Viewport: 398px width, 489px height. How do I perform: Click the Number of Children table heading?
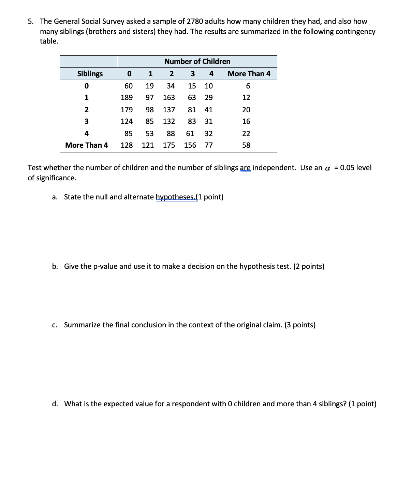click(x=197, y=62)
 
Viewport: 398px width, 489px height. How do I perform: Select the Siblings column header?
click(x=90, y=74)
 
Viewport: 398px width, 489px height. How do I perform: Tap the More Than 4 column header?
click(x=249, y=74)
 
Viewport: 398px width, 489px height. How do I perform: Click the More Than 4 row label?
click(x=86, y=145)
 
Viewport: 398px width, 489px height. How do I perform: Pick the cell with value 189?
click(x=127, y=98)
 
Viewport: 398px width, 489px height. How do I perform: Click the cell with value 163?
click(x=169, y=98)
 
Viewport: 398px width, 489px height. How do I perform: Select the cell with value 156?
click(x=190, y=145)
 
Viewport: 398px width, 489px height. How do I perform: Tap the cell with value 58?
click(x=246, y=145)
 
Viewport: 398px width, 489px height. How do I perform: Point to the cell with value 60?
click(x=128, y=86)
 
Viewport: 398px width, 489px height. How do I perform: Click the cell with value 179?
click(x=127, y=110)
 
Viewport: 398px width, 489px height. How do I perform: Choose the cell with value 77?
click(x=208, y=145)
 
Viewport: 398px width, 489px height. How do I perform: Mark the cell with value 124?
click(x=127, y=121)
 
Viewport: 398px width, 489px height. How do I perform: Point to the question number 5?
click(x=30, y=21)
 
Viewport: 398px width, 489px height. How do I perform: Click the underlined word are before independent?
click(x=246, y=168)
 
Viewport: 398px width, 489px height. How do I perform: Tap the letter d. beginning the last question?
click(x=55, y=404)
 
